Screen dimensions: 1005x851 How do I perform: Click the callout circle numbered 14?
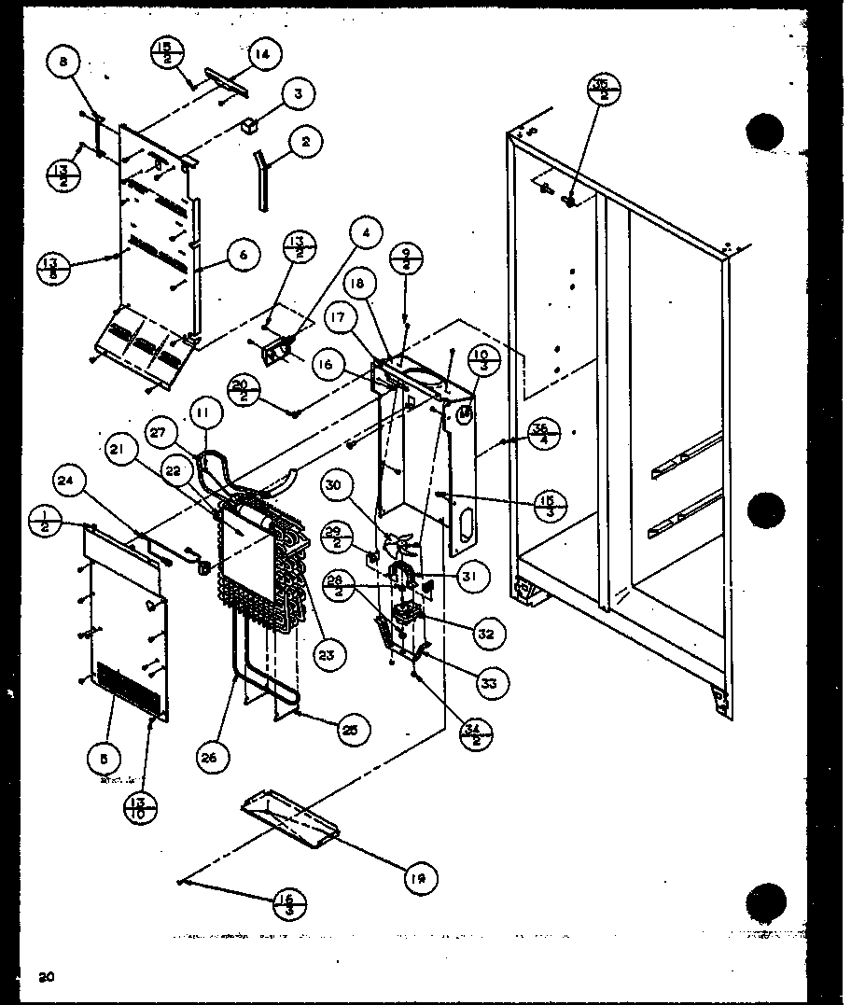(263, 55)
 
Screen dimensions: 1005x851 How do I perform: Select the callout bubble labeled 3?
(299, 93)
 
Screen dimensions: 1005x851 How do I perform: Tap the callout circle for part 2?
(305, 142)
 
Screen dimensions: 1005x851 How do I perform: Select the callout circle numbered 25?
(353, 728)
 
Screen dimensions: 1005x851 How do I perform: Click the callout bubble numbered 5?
(101, 760)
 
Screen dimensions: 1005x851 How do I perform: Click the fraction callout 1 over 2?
(45, 522)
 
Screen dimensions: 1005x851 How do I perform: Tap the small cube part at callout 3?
(250, 126)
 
